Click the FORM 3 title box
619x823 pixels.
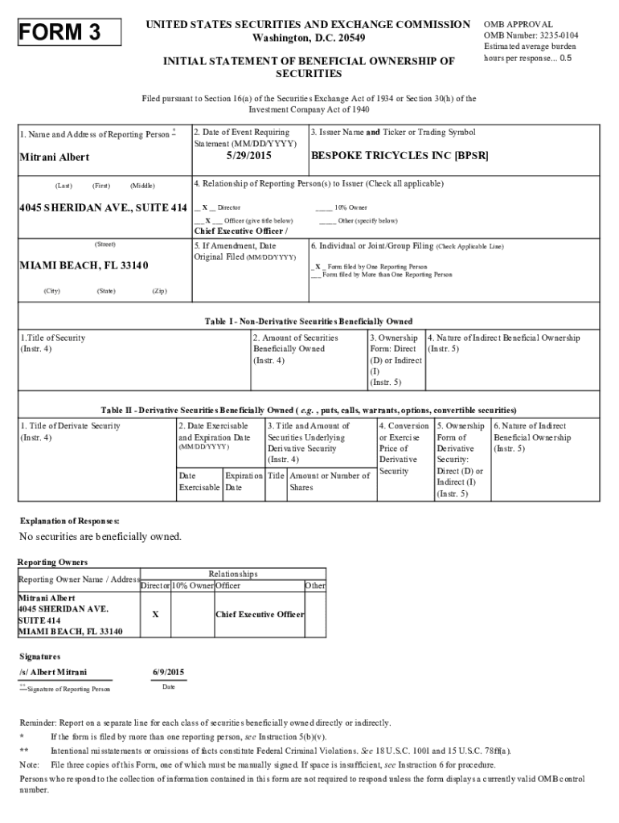(x=72, y=33)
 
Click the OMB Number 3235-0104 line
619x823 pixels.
(x=531, y=36)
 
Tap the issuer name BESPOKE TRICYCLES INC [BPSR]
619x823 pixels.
(x=400, y=156)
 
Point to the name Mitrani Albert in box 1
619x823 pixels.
(x=55, y=158)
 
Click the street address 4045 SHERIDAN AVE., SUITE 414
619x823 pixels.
(x=104, y=208)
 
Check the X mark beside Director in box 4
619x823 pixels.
(x=205, y=208)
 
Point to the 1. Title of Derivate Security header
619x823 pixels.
(x=70, y=425)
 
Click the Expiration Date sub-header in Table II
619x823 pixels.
(x=243, y=481)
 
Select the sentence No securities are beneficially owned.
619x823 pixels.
(x=100, y=536)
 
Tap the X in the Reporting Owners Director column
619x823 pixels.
(x=154, y=615)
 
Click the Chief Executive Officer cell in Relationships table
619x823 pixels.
(x=260, y=615)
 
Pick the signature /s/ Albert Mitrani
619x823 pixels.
(x=53, y=672)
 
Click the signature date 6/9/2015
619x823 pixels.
(x=168, y=672)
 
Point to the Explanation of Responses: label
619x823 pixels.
(x=69, y=522)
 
